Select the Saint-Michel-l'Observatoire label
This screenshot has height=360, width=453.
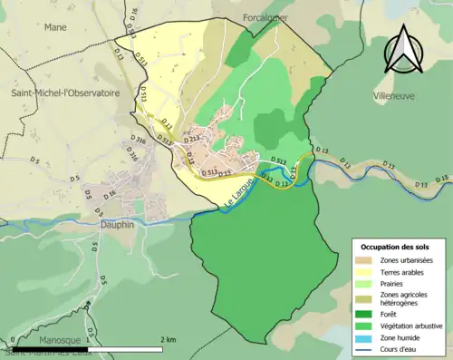point(64,92)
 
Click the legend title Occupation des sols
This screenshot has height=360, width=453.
point(395,247)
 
